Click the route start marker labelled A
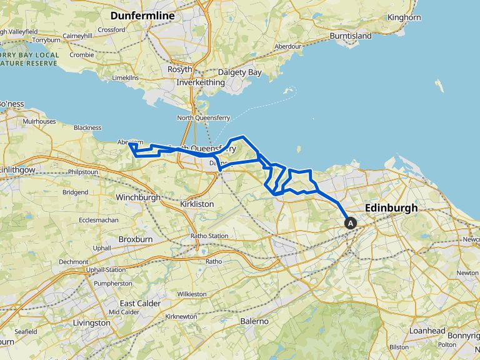[351, 222]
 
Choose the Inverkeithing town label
[196, 82]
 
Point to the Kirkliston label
[197, 204]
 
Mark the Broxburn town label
[136, 239]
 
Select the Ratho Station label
[209, 236]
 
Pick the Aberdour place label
[288, 46]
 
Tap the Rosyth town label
[179, 69]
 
